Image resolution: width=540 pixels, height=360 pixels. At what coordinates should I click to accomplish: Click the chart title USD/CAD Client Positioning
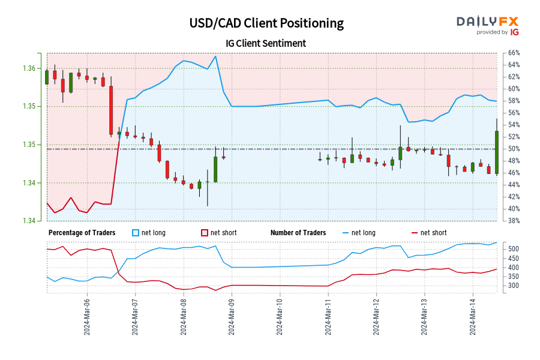pos(266,23)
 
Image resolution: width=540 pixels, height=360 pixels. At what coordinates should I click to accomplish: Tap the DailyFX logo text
pos(487,21)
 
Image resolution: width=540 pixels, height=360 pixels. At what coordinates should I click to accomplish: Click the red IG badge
pos(514,32)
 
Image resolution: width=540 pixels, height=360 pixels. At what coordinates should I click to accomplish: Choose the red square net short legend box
pos(204,233)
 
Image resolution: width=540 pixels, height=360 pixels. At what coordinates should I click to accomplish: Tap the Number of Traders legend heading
pos(298,233)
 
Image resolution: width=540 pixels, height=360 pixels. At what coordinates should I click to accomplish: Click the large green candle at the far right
pos(497,152)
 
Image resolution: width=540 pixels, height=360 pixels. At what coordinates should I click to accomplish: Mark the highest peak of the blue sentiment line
pos(215,56)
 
